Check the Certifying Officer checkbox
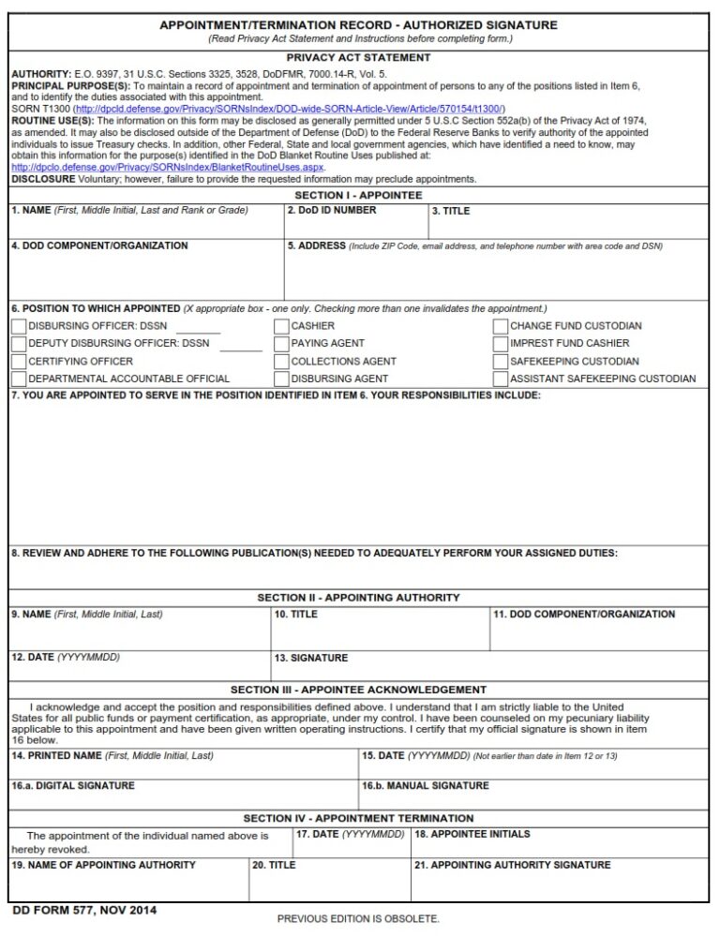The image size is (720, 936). [x=19, y=362]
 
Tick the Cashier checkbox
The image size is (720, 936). [x=281, y=326]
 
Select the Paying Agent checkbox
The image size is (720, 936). [x=281, y=344]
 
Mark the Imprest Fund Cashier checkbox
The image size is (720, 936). [x=501, y=344]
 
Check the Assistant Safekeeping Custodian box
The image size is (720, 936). [x=501, y=379]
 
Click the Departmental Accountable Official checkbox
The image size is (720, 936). [x=19, y=379]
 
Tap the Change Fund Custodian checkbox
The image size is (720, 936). [x=501, y=326]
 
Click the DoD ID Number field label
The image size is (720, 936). [x=332, y=211]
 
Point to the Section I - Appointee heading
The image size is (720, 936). [x=358, y=195]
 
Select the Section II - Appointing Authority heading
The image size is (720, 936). [x=358, y=597]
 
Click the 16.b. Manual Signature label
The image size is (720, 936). [x=425, y=786]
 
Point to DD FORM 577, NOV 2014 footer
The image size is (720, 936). [x=83, y=910]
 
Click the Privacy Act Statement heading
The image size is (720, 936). [x=358, y=58]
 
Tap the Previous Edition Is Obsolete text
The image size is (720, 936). [x=358, y=919]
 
